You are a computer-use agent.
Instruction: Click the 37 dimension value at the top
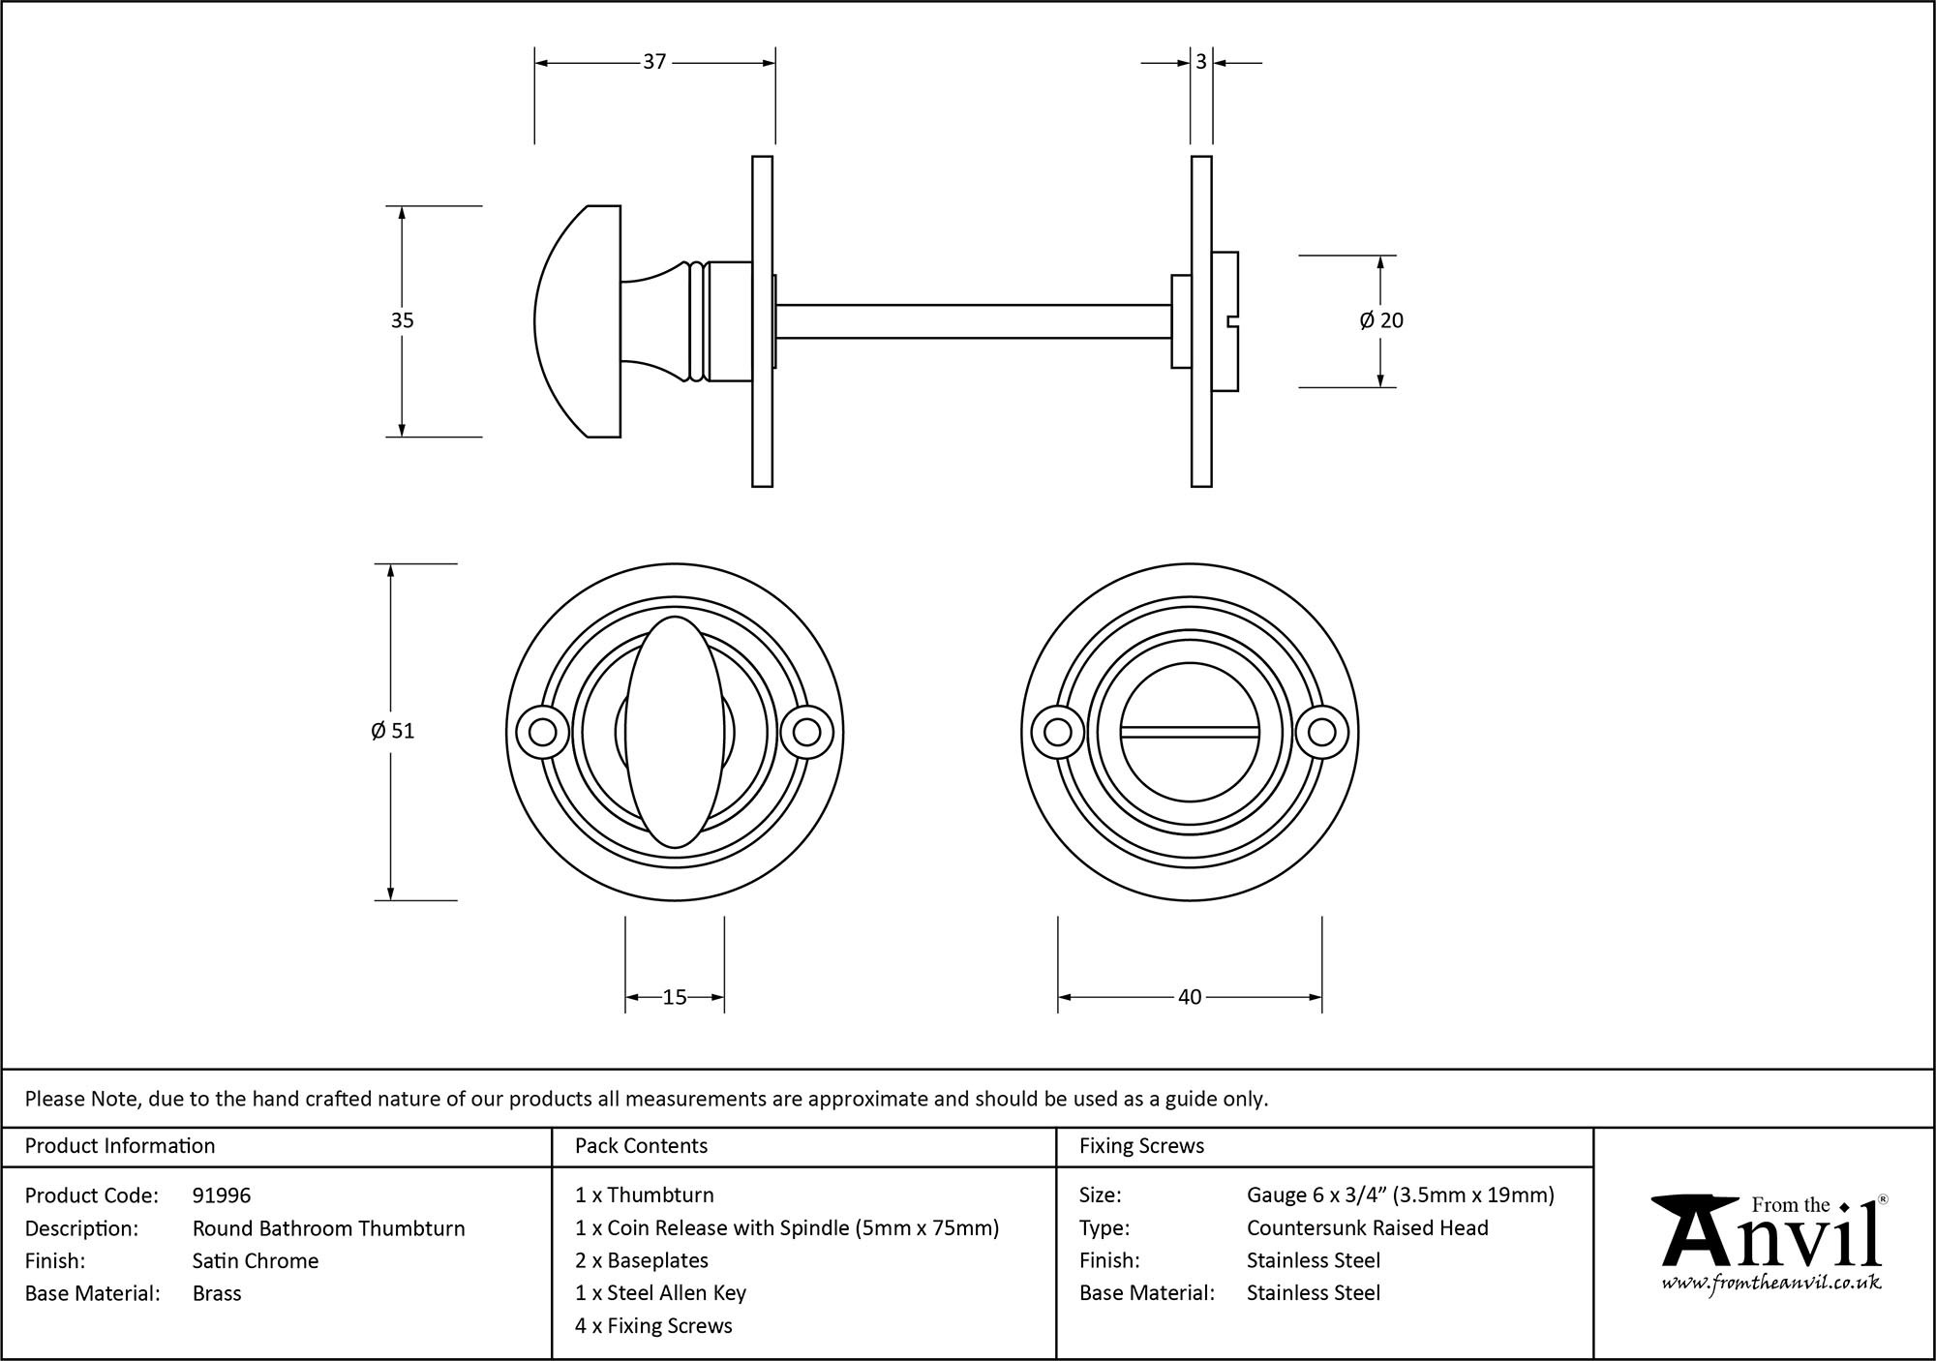pyautogui.click(x=654, y=62)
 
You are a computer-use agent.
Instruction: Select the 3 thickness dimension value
pyautogui.click(x=1200, y=62)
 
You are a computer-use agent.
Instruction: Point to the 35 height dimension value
pyautogui.click(x=402, y=320)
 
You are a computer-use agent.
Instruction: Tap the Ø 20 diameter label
pyautogui.click(x=1381, y=320)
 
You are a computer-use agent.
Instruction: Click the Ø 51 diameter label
pyautogui.click(x=392, y=731)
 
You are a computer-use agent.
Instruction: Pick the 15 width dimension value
pyautogui.click(x=675, y=997)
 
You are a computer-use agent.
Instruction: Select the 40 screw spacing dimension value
pyautogui.click(x=1190, y=997)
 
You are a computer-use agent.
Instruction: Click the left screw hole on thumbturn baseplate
pyautogui.click(x=542, y=732)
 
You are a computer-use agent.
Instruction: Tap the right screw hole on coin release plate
pyautogui.click(x=1322, y=732)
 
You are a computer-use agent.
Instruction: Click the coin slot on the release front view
pyautogui.click(x=1190, y=732)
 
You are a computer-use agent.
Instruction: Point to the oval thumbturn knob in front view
pyautogui.click(x=675, y=732)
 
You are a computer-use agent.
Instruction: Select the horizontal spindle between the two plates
pyautogui.click(x=973, y=321)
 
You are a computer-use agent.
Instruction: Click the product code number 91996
pyautogui.click(x=222, y=1195)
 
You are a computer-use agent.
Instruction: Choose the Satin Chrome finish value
pyautogui.click(x=256, y=1260)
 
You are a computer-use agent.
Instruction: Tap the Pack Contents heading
pyautogui.click(x=641, y=1146)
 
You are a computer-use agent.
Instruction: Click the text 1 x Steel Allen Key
pyautogui.click(x=660, y=1293)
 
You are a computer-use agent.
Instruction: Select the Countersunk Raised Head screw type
pyautogui.click(x=1367, y=1227)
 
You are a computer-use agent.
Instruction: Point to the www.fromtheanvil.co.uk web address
pyautogui.click(x=1770, y=1284)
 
